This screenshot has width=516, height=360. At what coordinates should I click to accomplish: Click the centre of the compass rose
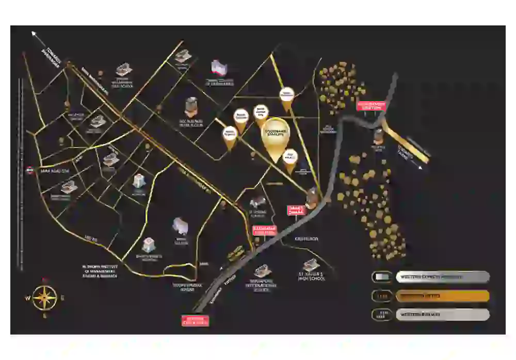(45, 298)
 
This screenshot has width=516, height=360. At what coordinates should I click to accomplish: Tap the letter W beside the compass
(26, 298)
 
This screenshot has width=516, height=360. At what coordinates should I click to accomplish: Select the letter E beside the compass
(63, 298)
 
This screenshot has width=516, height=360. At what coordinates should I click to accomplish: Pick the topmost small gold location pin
(286, 99)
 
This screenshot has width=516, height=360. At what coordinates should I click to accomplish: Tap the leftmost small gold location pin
(229, 137)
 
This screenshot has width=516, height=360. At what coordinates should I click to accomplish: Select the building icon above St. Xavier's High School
(311, 265)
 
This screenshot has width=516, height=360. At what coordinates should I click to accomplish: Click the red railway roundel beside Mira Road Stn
(30, 170)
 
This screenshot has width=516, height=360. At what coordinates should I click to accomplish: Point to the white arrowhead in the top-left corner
(35, 34)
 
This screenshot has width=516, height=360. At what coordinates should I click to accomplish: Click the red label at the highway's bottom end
(195, 321)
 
